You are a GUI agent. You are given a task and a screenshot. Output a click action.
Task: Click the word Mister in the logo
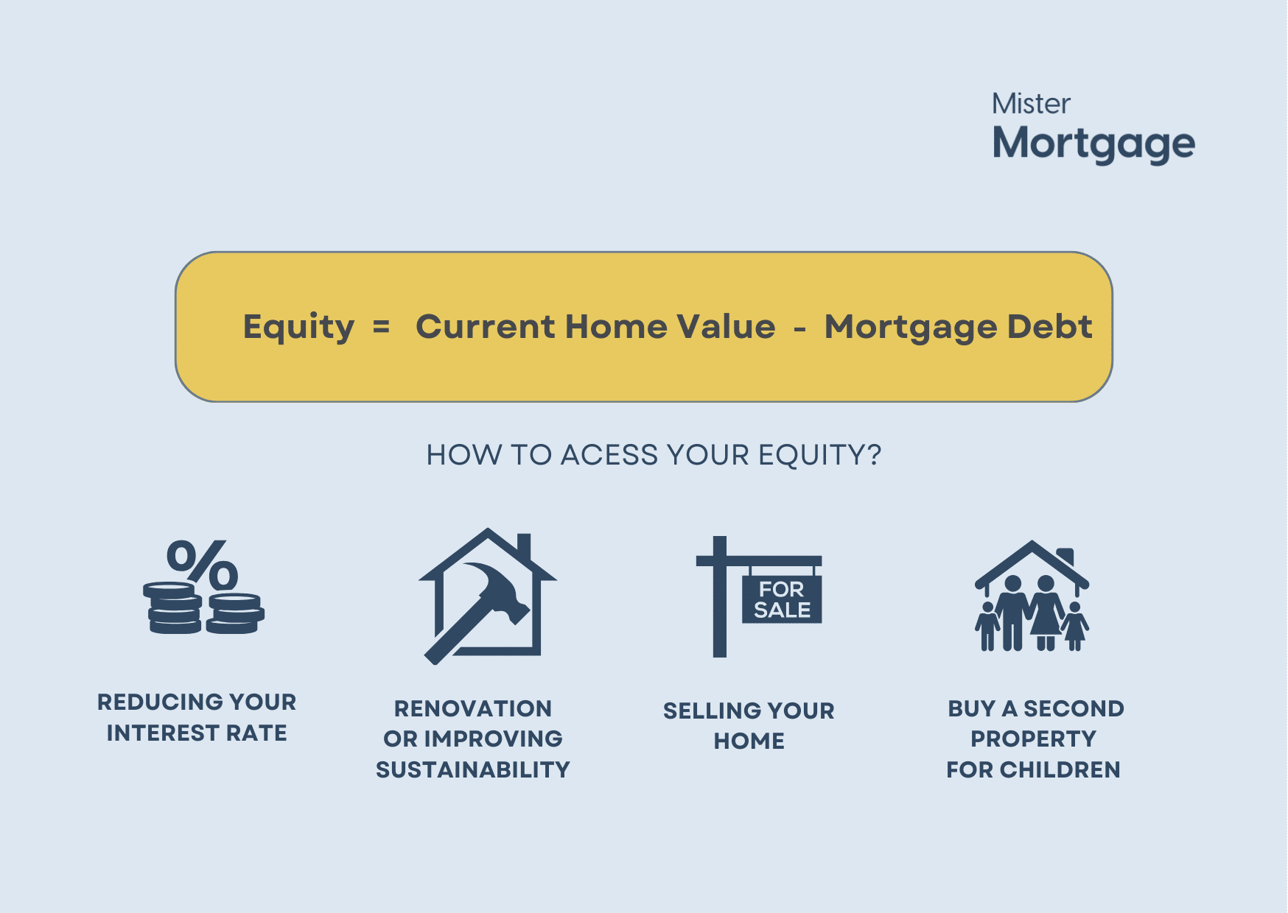tap(1031, 104)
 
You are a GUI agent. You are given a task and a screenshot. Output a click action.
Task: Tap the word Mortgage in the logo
tap(1093, 144)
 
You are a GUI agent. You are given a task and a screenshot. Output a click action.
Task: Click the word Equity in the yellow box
tap(298, 328)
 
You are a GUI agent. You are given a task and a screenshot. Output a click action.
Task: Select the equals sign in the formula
tap(381, 327)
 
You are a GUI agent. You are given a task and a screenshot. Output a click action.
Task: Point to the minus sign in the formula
tap(799, 328)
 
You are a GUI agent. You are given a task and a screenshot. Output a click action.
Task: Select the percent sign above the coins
tap(202, 565)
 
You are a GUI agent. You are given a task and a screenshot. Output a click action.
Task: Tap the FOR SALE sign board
tap(781, 599)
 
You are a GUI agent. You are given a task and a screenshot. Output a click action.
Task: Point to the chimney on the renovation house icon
tap(524, 546)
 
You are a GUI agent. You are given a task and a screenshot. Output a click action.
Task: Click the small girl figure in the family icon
tap(1074, 626)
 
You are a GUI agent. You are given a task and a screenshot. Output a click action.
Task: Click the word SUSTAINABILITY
tap(473, 770)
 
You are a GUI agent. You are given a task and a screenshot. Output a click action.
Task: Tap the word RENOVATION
tap(473, 709)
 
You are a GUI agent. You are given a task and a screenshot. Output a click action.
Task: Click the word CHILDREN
tap(1060, 770)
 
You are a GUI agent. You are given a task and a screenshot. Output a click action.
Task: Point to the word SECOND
tap(1074, 709)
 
